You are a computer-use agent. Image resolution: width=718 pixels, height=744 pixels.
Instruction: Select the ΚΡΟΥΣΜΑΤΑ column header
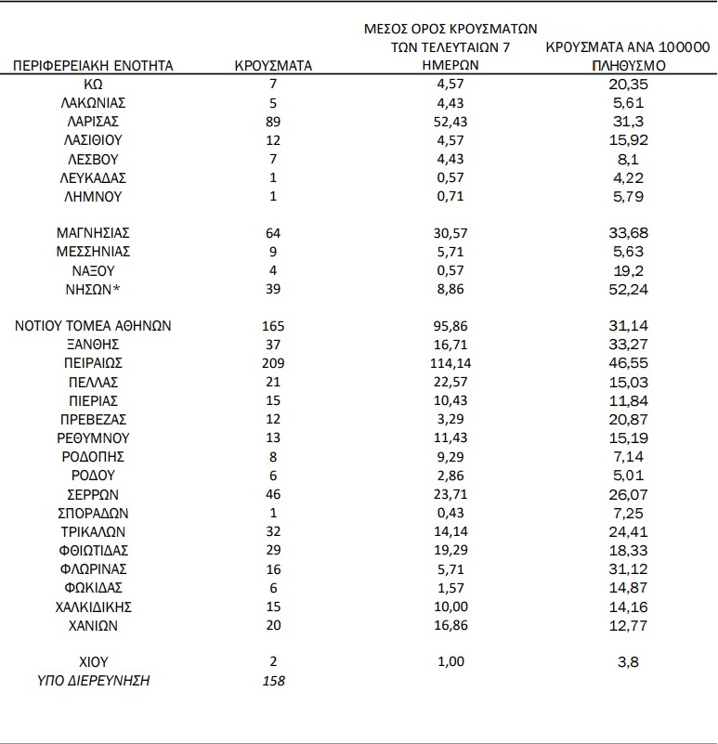[x=273, y=65]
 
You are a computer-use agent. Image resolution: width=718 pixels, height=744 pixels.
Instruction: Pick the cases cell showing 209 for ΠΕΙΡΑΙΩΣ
[x=273, y=363]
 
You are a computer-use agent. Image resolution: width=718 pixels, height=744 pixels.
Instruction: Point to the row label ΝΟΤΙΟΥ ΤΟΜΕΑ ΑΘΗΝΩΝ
[x=93, y=326]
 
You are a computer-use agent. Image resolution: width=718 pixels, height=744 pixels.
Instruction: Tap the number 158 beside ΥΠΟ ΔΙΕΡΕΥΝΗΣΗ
[x=273, y=681]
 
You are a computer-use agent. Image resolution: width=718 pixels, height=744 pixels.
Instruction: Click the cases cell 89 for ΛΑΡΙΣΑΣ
[x=273, y=122]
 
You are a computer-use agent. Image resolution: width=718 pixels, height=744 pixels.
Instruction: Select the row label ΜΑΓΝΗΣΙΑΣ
[x=93, y=233]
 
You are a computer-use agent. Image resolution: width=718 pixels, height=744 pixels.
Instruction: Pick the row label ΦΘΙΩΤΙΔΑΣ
[x=93, y=550]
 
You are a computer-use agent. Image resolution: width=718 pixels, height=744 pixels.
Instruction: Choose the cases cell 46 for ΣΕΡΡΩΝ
[x=273, y=494]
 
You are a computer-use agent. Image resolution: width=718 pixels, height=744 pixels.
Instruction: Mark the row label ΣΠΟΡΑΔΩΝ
[x=93, y=513]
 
